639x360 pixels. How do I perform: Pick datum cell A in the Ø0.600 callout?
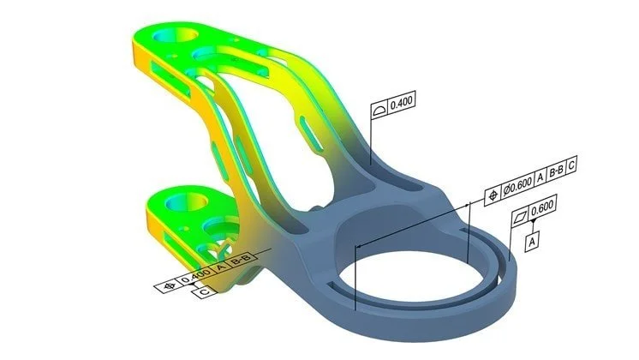[x=540, y=183]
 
